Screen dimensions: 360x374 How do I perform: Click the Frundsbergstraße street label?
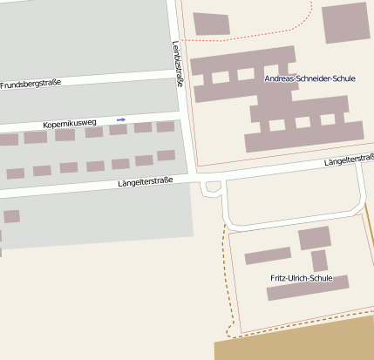[31, 84]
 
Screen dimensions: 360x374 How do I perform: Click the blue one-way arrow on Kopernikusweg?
[121, 119]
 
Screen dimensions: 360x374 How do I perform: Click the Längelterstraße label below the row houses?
[146, 181]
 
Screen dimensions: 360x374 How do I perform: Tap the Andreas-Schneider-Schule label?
[309, 78]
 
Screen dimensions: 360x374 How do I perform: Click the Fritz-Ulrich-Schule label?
[301, 278]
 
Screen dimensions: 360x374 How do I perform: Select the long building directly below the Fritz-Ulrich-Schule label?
[308, 289]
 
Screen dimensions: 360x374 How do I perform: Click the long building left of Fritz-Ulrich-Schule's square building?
[268, 255]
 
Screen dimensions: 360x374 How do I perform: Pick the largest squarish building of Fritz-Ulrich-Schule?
[315, 238]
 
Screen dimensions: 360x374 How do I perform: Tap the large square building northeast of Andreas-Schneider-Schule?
[345, 24]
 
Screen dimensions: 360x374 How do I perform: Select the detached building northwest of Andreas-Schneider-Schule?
[211, 24]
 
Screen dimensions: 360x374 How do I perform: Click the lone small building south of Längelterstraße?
[11, 216]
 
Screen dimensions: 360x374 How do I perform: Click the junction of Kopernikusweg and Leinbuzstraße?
[179, 113]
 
